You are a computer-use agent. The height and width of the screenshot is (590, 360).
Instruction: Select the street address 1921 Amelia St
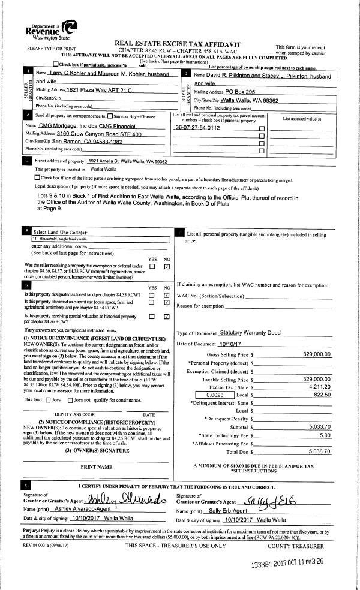click(127, 162)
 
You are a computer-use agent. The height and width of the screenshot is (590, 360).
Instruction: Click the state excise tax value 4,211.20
click(319, 387)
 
